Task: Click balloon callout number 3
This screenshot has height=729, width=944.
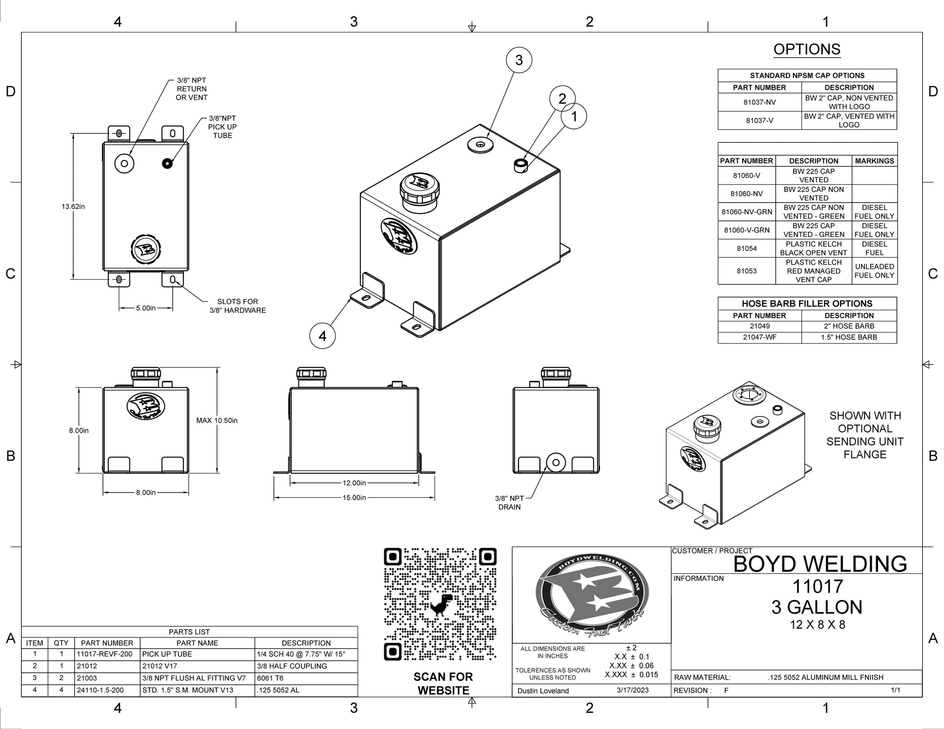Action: point(519,60)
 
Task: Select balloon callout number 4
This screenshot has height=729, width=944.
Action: point(323,335)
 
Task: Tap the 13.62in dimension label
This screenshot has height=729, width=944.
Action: point(73,206)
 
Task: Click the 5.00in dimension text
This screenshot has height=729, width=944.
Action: point(146,308)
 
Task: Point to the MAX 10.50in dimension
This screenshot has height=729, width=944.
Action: point(217,420)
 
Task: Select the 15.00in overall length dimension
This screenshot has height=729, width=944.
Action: point(354,497)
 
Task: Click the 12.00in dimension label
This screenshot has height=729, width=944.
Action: point(354,483)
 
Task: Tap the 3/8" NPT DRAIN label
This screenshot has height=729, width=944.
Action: point(509,503)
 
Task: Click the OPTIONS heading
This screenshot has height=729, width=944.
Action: point(807,49)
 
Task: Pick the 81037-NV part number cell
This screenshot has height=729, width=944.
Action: point(759,102)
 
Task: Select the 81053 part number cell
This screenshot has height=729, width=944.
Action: point(747,271)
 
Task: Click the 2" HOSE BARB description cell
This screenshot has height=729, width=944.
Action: point(849,326)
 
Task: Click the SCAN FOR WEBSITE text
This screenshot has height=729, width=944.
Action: point(443,683)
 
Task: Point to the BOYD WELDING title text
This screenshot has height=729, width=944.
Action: point(820,564)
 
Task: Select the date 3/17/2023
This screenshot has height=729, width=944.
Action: point(633,690)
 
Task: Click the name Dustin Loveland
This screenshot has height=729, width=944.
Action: point(543,691)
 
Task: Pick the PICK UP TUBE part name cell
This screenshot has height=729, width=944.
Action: point(167,654)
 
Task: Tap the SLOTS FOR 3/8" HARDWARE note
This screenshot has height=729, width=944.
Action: point(238,306)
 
